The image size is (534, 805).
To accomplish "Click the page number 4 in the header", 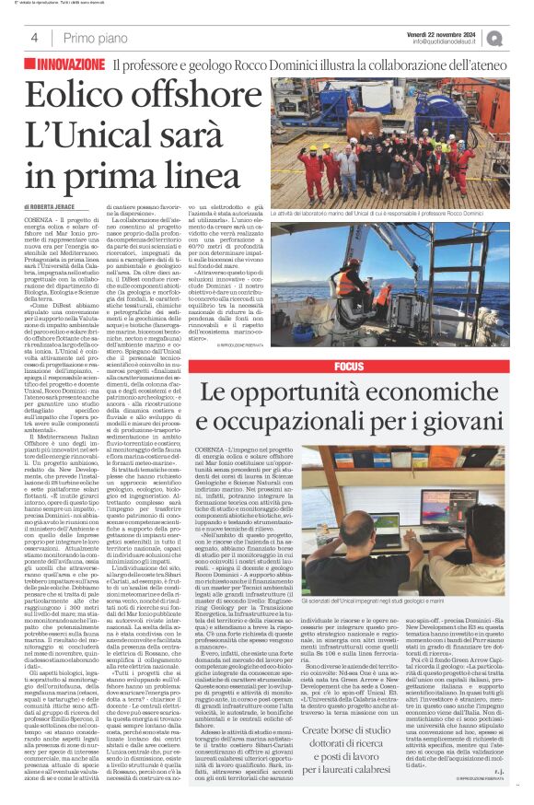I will [x=33, y=38].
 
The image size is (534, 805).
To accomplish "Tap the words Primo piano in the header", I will [x=90, y=38].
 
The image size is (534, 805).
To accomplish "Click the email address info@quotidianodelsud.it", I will [x=447, y=41].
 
